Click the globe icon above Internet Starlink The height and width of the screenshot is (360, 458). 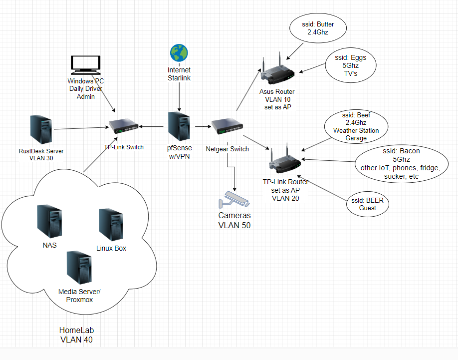pos(179,53)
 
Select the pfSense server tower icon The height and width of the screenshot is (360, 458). pos(179,126)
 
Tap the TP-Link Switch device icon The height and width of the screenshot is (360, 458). pos(124,126)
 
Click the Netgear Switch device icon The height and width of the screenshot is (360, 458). pos(227,126)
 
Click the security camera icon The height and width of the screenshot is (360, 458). pos(234,199)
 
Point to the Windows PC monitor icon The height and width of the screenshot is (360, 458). pos(86,65)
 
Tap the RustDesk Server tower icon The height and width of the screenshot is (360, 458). pos(41,129)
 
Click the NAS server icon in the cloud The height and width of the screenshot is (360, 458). pos(49,221)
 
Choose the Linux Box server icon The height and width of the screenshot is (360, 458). pos(111,224)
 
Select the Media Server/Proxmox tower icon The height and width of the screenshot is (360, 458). pos(79,267)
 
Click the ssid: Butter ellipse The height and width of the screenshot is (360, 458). pos(318,28)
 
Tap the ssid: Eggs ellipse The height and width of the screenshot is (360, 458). pos(351,65)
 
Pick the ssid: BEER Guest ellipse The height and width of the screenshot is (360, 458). pos(368,204)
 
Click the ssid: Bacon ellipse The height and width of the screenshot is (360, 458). pos(401,164)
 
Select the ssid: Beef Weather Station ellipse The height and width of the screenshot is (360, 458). pos(356,126)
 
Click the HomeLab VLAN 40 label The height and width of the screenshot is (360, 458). pos(76,335)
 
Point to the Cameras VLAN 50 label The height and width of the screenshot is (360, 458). pos(234,220)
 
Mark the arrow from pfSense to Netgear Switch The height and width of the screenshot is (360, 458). pos(203,126)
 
